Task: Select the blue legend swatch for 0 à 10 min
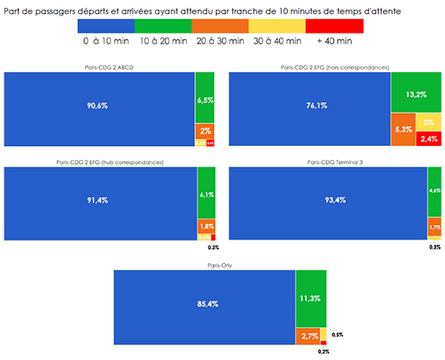[106, 26]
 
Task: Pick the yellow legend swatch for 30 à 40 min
[277, 26]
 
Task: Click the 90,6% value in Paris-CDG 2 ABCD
[98, 106]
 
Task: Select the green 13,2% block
[416, 95]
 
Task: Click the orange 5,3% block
[403, 129]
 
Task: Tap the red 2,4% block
[428, 138]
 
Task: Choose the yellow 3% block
[428, 122]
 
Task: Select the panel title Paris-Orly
[220, 265]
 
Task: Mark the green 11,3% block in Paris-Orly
[311, 299]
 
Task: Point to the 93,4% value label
[327, 202]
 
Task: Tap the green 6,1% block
[207, 195]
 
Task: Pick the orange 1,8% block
[207, 227]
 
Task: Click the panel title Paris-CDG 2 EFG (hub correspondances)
[110, 163]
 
